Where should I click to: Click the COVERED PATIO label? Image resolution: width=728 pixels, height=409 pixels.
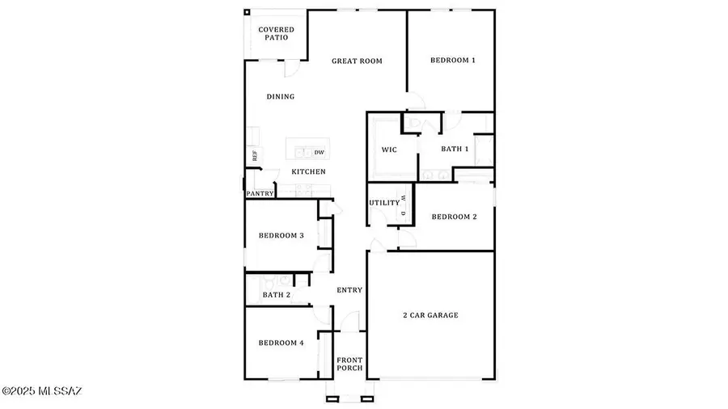(277, 33)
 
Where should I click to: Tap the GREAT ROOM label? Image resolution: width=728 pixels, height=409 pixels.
(357, 61)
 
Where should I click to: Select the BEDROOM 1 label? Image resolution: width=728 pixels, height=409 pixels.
(453, 60)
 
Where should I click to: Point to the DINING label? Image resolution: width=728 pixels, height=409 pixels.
(281, 96)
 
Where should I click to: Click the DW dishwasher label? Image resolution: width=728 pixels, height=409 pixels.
(320, 152)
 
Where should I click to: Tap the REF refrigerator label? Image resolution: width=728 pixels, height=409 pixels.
(255, 156)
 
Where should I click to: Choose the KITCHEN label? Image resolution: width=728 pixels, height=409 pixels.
(308, 171)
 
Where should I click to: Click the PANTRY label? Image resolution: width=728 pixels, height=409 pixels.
(260, 193)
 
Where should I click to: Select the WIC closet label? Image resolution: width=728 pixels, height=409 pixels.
(389, 150)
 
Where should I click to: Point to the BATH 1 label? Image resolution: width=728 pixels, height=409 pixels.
(455, 149)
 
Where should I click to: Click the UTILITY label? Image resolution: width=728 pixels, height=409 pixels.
(384, 203)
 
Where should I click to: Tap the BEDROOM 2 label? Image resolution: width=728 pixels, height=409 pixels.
(454, 217)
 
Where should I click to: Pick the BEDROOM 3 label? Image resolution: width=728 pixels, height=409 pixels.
(281, 235)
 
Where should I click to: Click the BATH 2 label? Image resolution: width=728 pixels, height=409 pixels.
(277, 295)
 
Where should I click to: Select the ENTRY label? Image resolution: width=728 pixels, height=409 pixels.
(349, 290)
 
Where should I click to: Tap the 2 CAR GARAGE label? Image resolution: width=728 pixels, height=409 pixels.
(430, 315)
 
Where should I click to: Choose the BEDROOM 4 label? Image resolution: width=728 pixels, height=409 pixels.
(281, 343)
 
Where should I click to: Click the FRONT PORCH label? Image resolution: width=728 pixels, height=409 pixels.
(349, 364)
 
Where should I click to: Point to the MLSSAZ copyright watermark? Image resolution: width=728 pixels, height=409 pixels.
(41, 391)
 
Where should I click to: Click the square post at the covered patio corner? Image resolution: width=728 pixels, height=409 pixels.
(247, 12)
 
